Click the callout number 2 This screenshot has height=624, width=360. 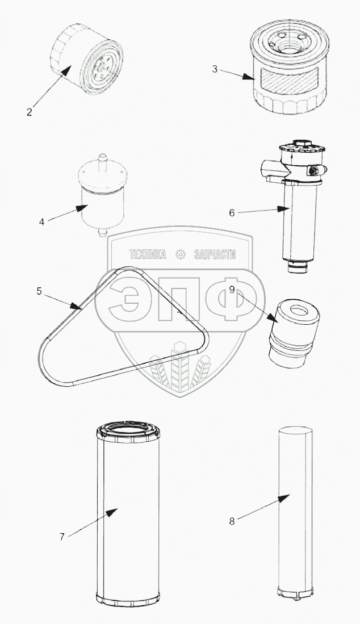30,112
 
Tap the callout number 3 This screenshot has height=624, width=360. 215,69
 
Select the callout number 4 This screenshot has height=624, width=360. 42,221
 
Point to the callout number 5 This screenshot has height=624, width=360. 39,291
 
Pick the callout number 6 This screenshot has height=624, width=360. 232,213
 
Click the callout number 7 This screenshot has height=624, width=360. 62,537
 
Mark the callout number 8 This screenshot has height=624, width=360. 232,521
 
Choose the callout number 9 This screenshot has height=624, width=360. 232,290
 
